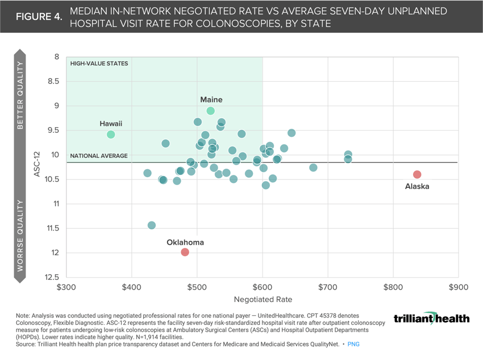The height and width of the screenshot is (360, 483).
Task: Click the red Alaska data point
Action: [x=417, y=174]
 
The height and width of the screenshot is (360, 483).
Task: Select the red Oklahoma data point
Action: [x=185, y=252]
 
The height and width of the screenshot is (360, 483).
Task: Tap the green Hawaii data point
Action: [x=111, y=135]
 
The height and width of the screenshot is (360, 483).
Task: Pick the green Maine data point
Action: [x=211, y=111]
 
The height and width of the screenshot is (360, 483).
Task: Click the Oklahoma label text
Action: [x=185, y=242]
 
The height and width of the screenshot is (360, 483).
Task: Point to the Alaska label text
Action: [x=417, y=186]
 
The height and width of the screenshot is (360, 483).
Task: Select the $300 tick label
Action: [x=66, y=288]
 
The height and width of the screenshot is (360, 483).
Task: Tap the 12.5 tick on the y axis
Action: [x=52, y=277]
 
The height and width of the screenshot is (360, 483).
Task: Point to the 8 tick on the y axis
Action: [x=56, y=57]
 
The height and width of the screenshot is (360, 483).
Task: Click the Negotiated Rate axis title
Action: [x=262, y=299]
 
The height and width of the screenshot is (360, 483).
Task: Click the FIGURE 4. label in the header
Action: [x=39, y=16]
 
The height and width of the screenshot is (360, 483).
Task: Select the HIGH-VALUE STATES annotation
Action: [x=99, y=64]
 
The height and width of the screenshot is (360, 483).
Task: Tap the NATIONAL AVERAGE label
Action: [x=99, y=156]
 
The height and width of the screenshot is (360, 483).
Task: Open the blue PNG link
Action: [x=353, y=344]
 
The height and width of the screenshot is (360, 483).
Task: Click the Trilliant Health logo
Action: [x=431, y=318]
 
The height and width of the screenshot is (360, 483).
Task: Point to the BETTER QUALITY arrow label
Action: [x=20, y=95]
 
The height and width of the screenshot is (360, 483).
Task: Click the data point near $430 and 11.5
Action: [x=152, y=225]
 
